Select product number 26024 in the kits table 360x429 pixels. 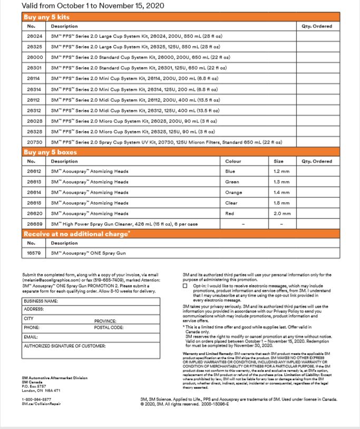34,36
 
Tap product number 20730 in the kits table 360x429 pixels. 34,142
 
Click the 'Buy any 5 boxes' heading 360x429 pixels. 50,152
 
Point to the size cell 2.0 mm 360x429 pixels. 281,214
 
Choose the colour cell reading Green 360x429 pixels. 232,182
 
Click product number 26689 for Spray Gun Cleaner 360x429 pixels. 34,224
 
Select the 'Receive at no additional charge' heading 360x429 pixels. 76,234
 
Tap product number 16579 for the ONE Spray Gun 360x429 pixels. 34,253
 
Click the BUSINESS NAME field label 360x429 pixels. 41,301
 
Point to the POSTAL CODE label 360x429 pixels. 109,328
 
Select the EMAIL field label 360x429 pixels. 31,337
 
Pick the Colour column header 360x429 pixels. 233,161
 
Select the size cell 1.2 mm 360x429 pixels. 281,171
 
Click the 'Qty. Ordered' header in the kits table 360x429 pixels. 317,26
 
